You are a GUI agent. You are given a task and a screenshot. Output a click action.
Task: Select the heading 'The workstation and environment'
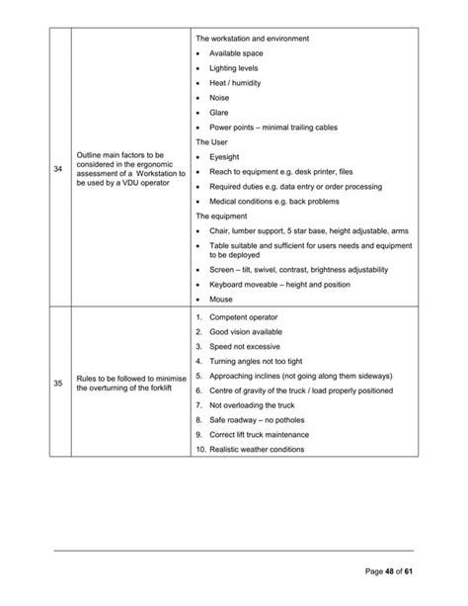coord(253,39)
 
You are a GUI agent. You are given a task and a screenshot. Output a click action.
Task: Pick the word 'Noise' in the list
coord(219,98)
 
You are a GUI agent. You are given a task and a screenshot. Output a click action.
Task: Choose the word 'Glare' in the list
coord(219,113)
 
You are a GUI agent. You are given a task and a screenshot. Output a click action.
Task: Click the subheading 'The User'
coord(212,141)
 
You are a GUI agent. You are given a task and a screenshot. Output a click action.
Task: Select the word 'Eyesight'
coord(226,156)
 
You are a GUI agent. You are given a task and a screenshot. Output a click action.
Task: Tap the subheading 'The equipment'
coord(221,216)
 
